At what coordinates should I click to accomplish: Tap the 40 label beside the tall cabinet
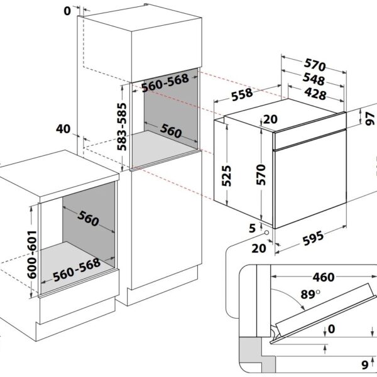point(63,129)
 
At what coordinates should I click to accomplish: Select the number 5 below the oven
point(252,226)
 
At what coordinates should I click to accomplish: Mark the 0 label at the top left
point(67,11)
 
